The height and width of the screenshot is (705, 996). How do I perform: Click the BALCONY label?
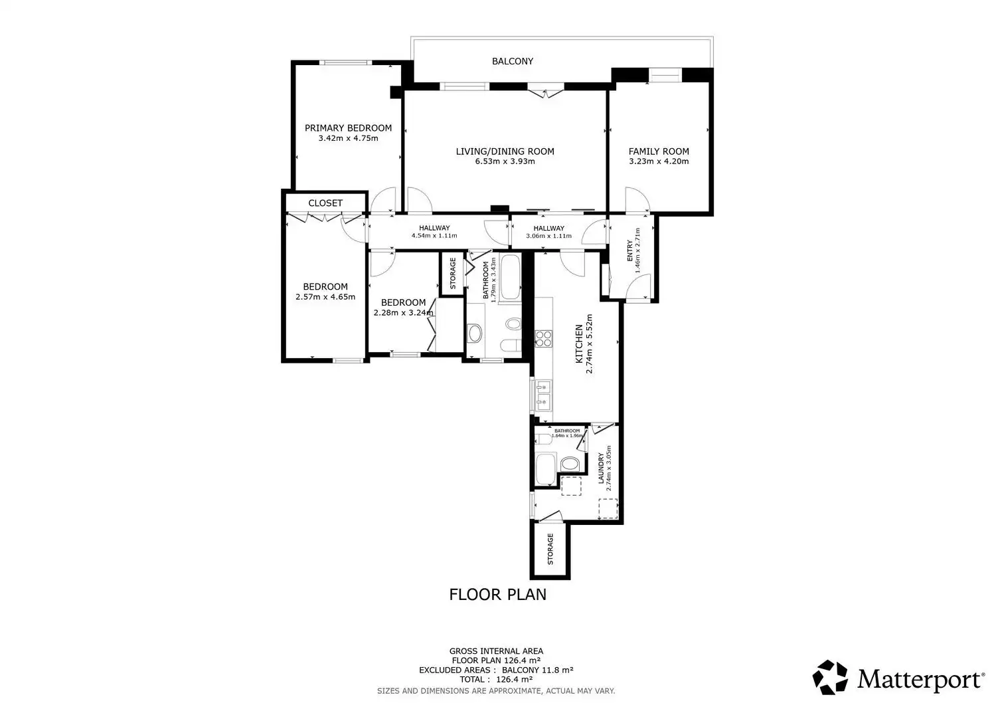pos(512,61)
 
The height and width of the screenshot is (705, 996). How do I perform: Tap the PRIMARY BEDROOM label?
pos(348,128)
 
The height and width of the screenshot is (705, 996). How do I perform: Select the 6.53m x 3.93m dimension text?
pos(505,161)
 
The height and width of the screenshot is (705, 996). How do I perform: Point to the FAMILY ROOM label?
pos(659,151)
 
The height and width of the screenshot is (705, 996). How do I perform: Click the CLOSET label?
pos(325,203)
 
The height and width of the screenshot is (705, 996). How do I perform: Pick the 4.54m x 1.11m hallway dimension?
pos(434,236)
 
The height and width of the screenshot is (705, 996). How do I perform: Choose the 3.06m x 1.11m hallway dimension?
pos(548,236)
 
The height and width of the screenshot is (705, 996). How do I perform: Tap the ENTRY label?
pos(629,251)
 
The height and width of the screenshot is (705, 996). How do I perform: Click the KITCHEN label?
pos(579,344)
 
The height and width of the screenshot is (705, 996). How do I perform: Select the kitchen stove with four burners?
pos(543,339)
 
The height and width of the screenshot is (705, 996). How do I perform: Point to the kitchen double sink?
pos(543,395)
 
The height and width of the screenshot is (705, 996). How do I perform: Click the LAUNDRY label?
pos(601,468)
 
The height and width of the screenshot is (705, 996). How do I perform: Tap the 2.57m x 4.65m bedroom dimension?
pos(325,297)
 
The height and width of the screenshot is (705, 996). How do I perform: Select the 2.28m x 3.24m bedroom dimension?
pos(403,313)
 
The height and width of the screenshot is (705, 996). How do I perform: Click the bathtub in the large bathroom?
pos(511,277)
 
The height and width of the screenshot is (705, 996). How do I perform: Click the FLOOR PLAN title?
pos(497,595)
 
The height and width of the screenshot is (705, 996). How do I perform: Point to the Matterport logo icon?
pos(830,677)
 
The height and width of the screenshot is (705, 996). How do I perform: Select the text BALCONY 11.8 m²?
pos(538,670)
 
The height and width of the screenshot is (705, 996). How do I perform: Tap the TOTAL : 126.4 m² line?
pos(496,680)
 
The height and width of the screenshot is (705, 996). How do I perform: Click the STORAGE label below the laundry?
pos(550,550)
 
